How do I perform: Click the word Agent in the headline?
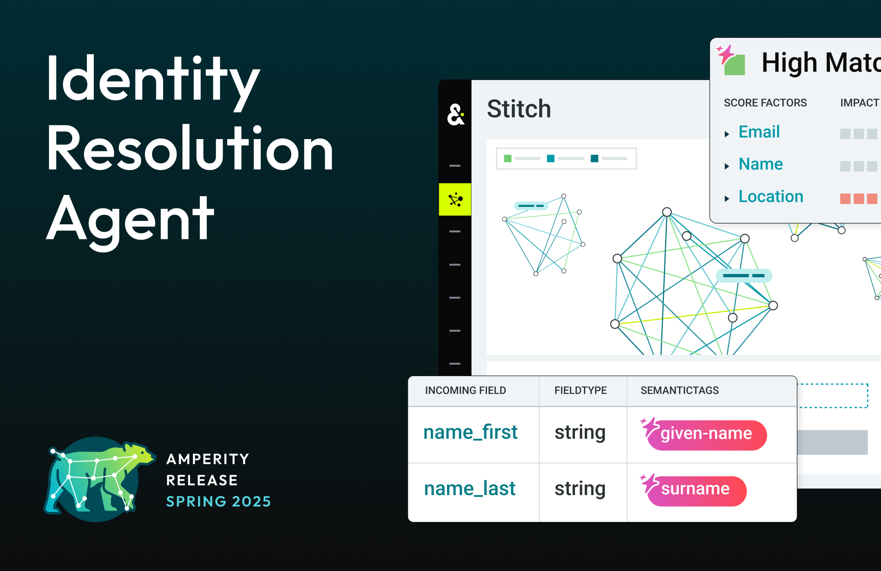[x=131, y=220]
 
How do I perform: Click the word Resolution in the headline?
[x=190, y=149]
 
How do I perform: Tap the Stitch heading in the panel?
[x=519, y=109]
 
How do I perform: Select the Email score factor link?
[x=759, y=132]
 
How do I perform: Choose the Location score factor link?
[x=770, y=197]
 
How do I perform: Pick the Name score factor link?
[x=760, y=164]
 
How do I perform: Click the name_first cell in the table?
[x=470, y=433]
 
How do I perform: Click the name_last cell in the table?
[x=469, y=489]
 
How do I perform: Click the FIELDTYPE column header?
[x=580, y=391]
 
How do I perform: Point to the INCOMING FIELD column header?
[x=465, y=391]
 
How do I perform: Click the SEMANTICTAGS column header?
[x=680, y=391]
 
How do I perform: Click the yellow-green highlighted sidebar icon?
[x=455, y=199]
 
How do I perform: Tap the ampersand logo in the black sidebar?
[x=456, y=115]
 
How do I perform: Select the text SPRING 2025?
[x=219, y=502]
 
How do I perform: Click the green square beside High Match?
[x=735, y=65]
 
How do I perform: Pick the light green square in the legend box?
[x=508, y=159]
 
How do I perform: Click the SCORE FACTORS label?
[x=765, y=103]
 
